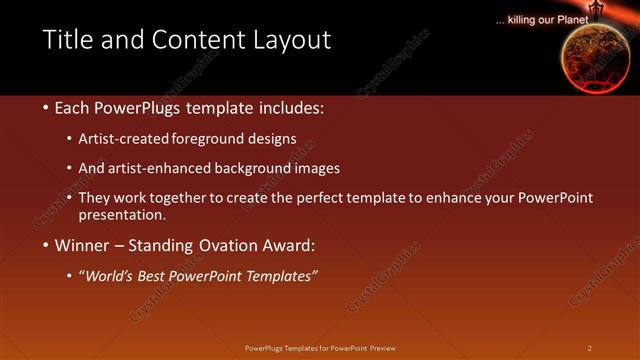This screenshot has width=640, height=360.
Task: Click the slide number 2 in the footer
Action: coord(589,348)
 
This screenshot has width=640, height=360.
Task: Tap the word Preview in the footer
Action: coord(389,348)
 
